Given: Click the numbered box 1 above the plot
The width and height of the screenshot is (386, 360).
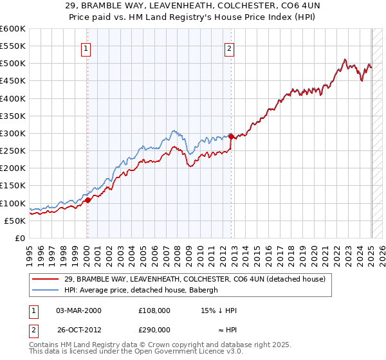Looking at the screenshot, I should point(86,47).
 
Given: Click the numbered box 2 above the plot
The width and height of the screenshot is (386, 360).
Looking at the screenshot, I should point(230,47).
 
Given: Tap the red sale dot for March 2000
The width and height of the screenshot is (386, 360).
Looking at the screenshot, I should point(88,200).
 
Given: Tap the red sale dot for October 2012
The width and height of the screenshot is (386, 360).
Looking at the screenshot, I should point(231,136).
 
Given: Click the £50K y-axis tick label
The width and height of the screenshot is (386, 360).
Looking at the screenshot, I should point(15,221).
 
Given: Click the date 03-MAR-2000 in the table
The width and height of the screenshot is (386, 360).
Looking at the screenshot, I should point(78,310).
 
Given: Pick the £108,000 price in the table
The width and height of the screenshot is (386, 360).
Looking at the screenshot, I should point(154,310).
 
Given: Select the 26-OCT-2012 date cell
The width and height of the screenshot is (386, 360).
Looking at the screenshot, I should point(79,329).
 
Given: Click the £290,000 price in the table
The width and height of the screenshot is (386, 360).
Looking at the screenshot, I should point(154,329).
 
